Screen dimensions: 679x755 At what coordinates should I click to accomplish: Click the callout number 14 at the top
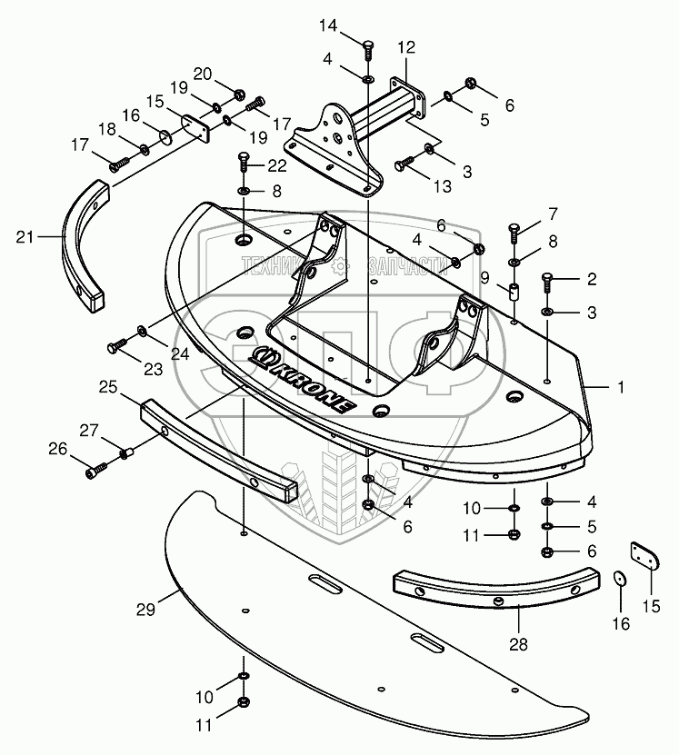pyautogui.click(x=328, y=25)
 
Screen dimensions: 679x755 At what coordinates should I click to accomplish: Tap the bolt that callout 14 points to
pyautogui.click(x=368, y=50)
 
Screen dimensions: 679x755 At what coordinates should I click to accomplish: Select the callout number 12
pyautogui.click(x=406, y=47)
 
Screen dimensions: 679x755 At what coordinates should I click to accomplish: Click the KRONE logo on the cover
pyautogui.click(x=302, y=379)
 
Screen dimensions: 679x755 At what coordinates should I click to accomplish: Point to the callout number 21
pyautogui.click(x=25, y=237)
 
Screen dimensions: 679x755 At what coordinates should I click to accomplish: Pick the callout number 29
pyautogui.click(x=145, y=609)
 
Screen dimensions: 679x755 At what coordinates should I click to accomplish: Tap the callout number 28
pyautogui.click(x=518, y=644)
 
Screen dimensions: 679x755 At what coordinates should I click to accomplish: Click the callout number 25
pyautogui.click(x=109, y=387)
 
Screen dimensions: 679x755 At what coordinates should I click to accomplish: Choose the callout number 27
pyautogui.click(x=89, y=430)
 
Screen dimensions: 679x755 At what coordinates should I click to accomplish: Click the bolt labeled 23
pyautogui.click(x=116, y=345)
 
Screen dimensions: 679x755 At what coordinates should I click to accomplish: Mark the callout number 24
pyautogui.click(x=180, y=354)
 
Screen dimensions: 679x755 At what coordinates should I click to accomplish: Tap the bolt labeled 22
pyautogui.click(x=244, y=163)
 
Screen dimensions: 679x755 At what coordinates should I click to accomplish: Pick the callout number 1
pyautogui.click(x=621, y=387)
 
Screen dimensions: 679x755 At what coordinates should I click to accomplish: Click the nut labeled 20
pyautogui.click(x=238, y=94)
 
